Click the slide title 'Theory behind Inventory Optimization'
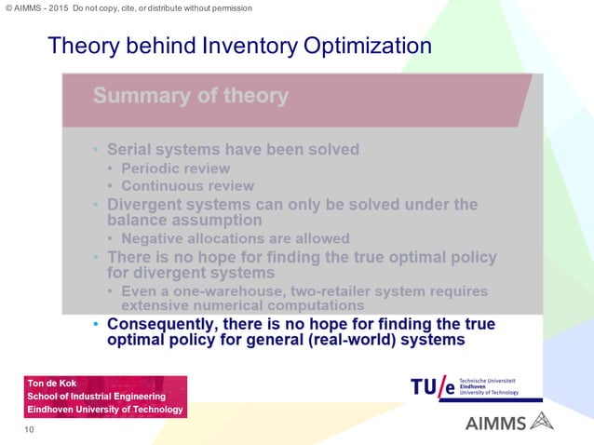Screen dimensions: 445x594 pos(239,46)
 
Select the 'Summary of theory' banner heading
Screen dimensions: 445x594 pos(190,96)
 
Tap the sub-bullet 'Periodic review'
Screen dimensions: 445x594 pos(175,168)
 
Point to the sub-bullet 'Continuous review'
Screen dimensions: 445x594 pos(187,185)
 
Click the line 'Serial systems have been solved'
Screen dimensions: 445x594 pos(233,149)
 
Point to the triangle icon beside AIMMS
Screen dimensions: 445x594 pos(541,423)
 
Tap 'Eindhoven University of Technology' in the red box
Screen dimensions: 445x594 pos(105,410)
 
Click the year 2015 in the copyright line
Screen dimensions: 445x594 pos(56,8)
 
